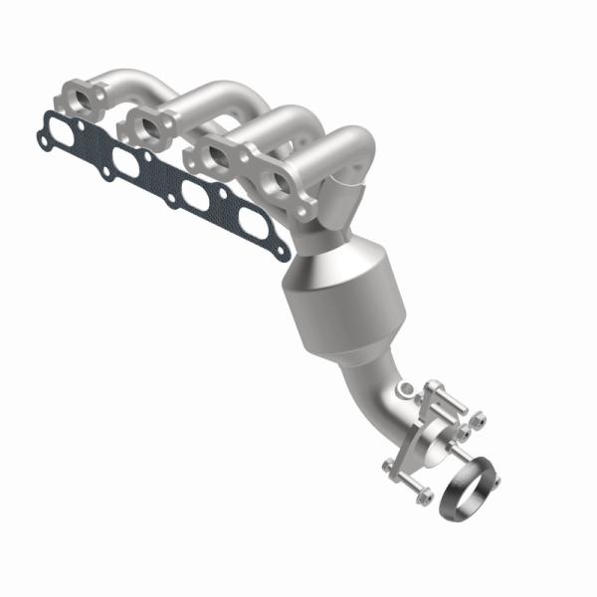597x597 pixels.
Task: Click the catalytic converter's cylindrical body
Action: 338,298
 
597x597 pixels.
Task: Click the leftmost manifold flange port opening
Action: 85,98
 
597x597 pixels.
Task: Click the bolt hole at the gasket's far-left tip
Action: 42,125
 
